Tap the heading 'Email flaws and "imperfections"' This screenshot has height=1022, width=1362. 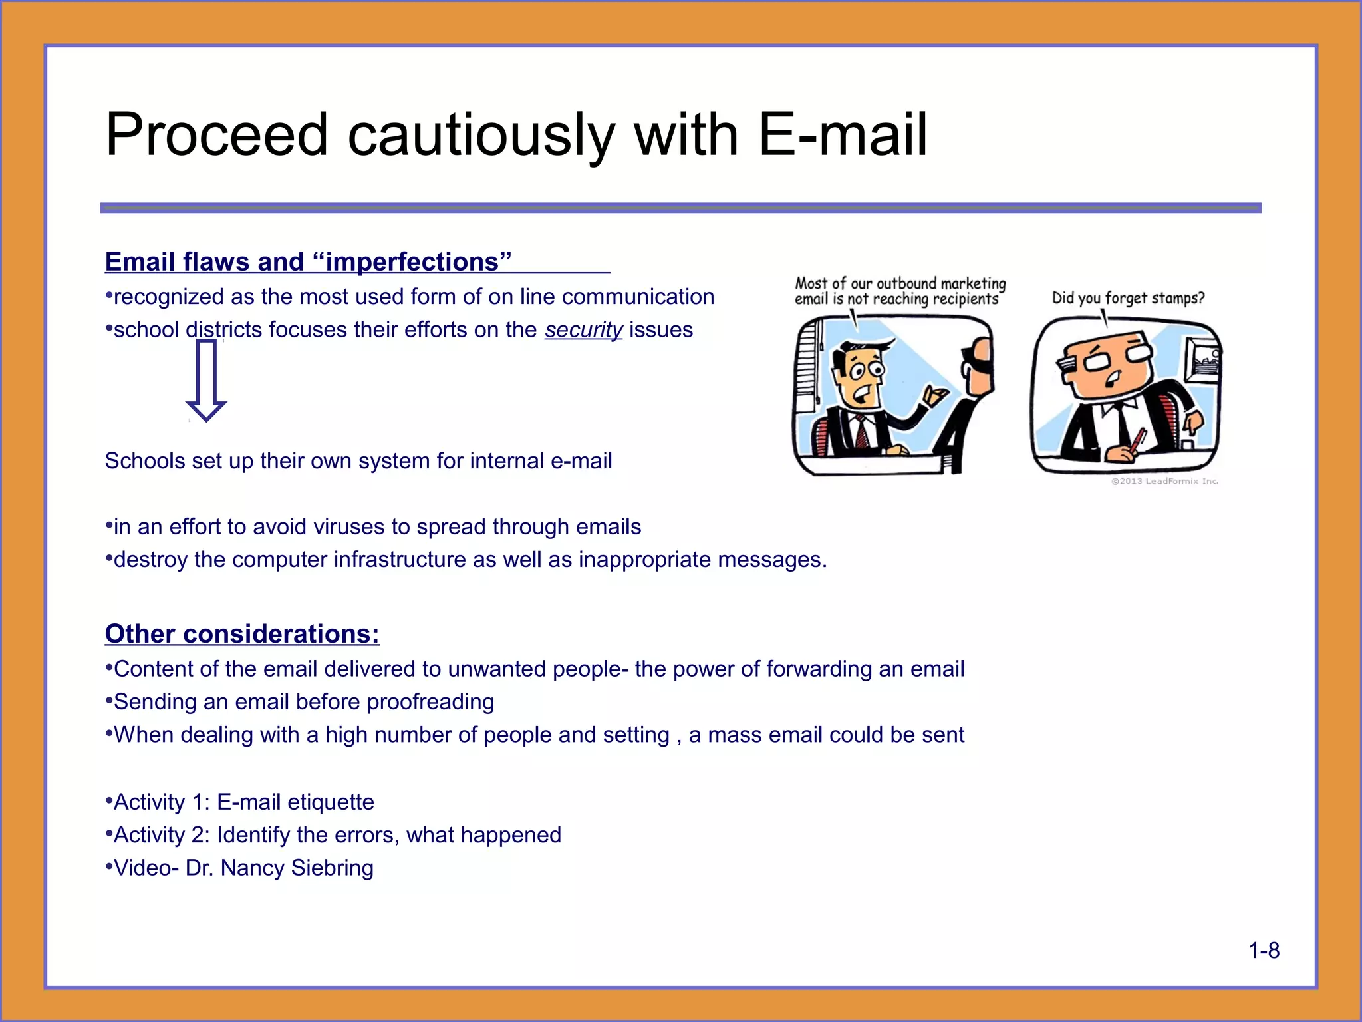click(308, 262)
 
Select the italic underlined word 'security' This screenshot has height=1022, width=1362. click(583, 330)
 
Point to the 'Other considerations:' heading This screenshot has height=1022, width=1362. click(242, 634)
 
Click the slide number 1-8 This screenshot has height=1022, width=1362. click(1264, 951)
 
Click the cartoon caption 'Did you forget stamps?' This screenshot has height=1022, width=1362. click(1128, 298)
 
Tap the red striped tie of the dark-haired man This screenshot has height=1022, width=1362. click(862, 432)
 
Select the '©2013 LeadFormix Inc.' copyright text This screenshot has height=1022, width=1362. click(1164, 481)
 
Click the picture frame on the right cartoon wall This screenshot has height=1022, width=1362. click(1201, 363)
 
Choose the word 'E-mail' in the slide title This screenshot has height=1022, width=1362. click(843, 135)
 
